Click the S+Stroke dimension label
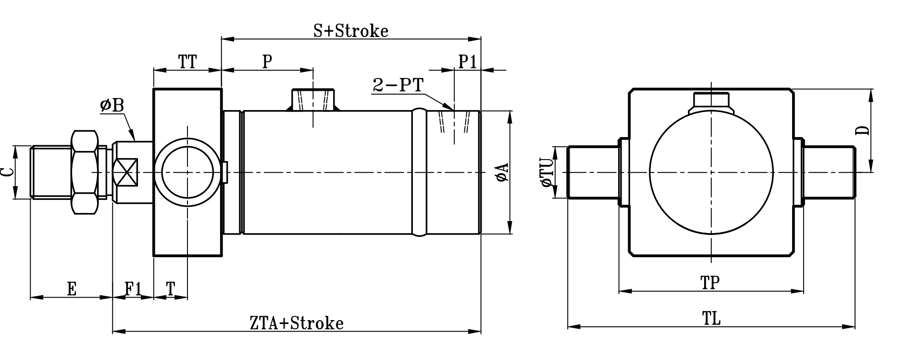[351, 31]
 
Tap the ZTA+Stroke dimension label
[297, 323]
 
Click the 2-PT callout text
[398, 86]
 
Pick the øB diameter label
[112, 106]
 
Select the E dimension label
[71, 289]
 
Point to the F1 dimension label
[133, 289]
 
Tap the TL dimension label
[711, 319]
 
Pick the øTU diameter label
[547, 173]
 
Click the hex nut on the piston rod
[85, 172]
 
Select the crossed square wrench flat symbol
[125, 172]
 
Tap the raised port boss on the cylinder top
[313, 100]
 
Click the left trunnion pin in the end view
[593, 172]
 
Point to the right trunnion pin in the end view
[829, 172]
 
